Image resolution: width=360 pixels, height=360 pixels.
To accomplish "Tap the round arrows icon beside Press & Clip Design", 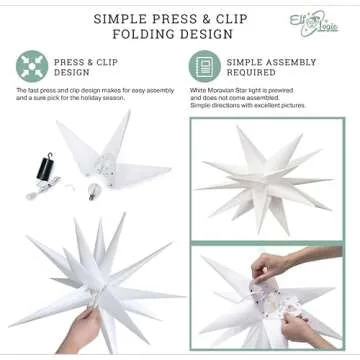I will [31, 67].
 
